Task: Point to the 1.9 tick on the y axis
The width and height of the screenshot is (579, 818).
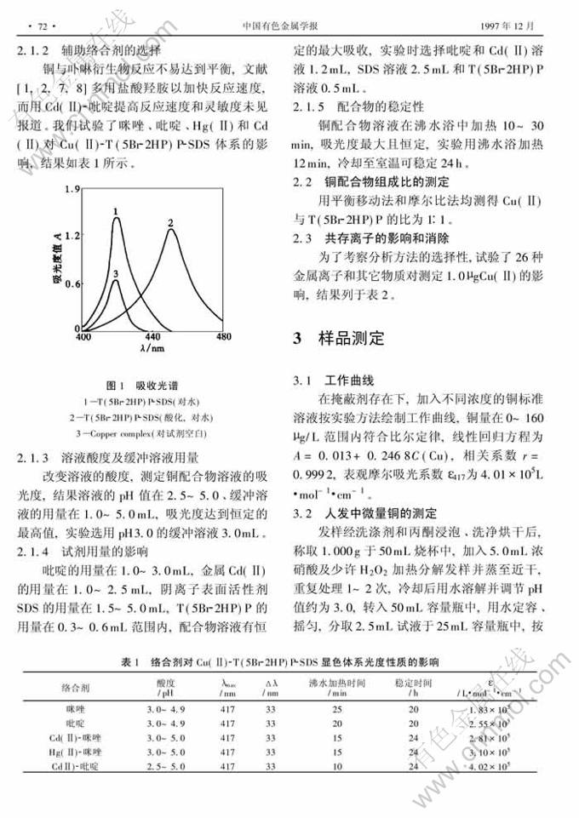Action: click(x=73, y=188)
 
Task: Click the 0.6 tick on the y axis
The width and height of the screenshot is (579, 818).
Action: click(x=73, y=283)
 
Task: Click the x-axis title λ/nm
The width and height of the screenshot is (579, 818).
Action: click(x=153, y=347)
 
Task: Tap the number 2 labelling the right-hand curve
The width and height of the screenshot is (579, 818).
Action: click(x=170, y=223)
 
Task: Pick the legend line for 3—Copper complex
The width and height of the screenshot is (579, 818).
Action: click(x=144, y=433)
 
